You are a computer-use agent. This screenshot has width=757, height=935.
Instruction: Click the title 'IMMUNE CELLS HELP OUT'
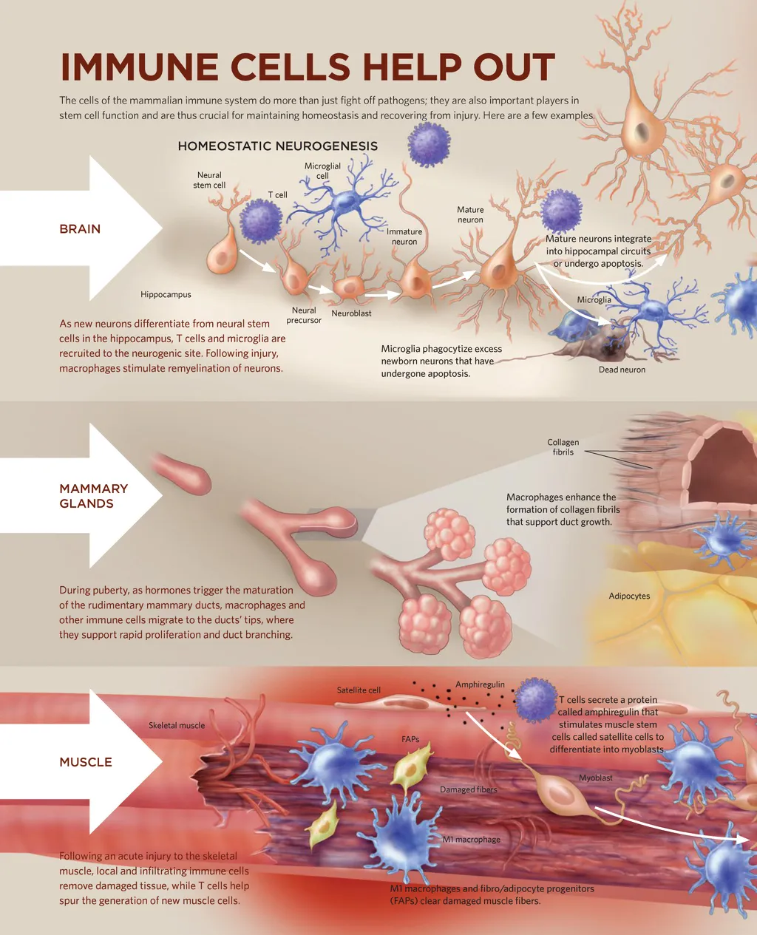point(307,67)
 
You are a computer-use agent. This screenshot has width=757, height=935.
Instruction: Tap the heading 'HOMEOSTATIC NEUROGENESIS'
point(277,146)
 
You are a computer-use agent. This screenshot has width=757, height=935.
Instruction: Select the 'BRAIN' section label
point(80,229)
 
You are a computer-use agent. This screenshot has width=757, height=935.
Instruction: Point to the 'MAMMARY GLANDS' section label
point(93,496)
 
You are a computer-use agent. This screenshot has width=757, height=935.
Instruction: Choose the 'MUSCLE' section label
point(86,762)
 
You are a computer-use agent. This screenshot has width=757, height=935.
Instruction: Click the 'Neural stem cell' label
point(209,180)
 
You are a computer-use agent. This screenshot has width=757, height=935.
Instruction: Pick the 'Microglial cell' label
point(322,171)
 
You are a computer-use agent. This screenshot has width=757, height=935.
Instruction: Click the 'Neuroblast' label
point(351,313)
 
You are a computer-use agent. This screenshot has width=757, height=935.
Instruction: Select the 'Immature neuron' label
point(404,237)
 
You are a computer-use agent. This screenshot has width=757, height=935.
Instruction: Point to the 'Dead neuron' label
point(622,370)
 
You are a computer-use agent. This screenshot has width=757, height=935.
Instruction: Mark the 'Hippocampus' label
point(166,295)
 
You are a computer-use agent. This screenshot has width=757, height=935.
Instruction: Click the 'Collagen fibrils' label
point(563,447)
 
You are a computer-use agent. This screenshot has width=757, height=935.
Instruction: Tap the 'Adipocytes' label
point(629,596)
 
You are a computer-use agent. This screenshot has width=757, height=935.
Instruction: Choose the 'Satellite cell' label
point(359,690)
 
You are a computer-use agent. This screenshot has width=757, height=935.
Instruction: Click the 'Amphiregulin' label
point(480,684)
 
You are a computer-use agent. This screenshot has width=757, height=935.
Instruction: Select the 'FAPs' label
point(410,739)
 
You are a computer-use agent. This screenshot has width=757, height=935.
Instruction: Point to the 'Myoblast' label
point(596,778)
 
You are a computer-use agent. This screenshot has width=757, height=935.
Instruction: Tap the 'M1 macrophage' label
point(472,840)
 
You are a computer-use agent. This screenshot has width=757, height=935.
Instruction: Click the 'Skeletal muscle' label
point(177,726)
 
